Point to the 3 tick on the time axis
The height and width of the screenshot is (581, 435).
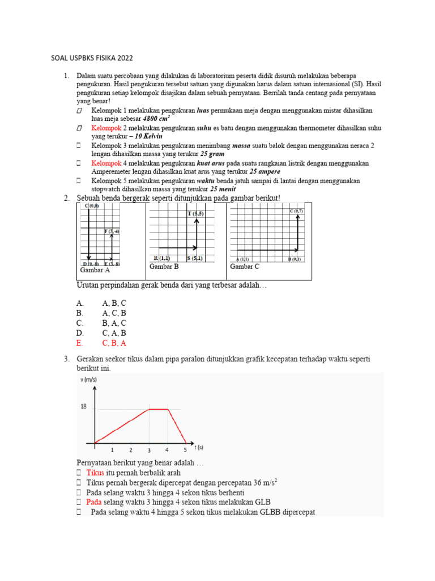(150, 451)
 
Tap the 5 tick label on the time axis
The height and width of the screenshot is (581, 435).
(185, 451)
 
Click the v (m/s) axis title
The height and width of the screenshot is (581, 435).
(88, 380)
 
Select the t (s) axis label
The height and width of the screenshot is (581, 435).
(199, 447)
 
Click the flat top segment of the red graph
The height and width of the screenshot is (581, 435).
(159, 409)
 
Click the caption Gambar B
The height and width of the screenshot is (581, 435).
(164, 266)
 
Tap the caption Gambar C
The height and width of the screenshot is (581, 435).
(245, 266)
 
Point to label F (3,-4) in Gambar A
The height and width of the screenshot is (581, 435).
(112, 231)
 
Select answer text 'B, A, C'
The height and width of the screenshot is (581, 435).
(114, 323)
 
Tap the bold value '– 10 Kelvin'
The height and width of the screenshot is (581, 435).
(148, 137)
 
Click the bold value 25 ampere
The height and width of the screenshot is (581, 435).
(265, 171)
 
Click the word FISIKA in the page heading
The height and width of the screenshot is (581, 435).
(97, 58)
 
